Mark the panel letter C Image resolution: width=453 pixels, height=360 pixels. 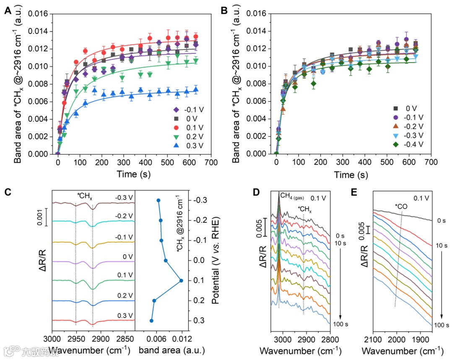pyautogui.click(x=8, y=192)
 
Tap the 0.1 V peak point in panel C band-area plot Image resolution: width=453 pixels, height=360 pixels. pyautogui.click(x=181, y=281)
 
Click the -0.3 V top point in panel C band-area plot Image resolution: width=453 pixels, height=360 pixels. pyautogui.click(x=158, y=201)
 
